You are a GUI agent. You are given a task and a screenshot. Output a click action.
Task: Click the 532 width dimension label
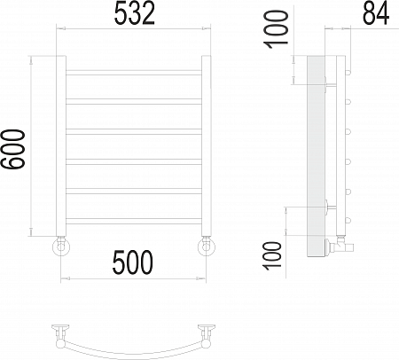click(x=136, y=14)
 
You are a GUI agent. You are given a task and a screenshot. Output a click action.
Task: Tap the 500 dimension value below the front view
click(x=133, y=262)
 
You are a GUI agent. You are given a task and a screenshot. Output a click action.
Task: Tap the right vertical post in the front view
click(x=207, y=146)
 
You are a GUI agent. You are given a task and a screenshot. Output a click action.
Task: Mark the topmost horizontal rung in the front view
click(x=135, y=69)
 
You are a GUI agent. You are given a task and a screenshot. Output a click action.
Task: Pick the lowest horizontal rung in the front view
click(x=135, y=220)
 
